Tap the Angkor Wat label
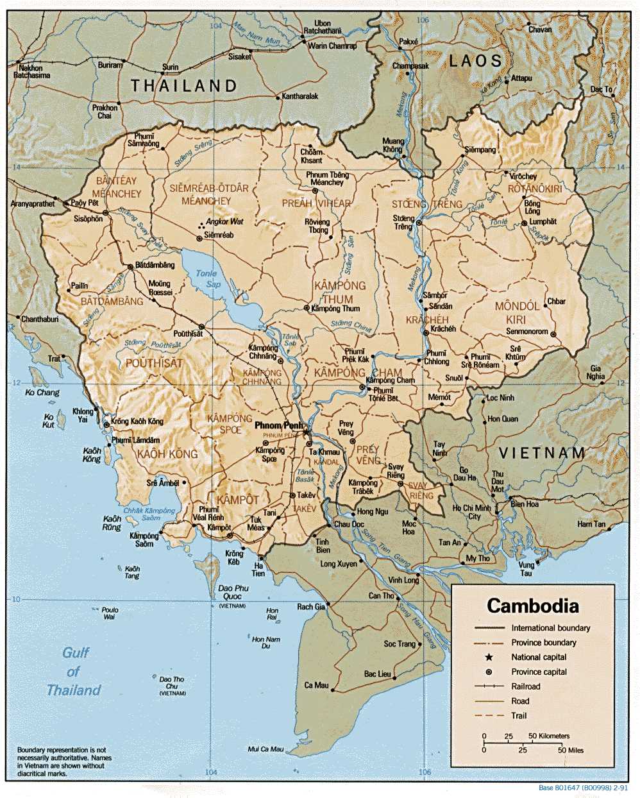224,221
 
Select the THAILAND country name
184,85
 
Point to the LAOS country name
475,61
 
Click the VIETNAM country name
542,453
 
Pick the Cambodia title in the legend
532,606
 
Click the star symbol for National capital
489,657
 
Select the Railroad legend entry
525,686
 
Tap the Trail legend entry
519,715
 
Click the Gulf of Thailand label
74,672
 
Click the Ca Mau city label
316,685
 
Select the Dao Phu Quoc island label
233,592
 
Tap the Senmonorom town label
527,332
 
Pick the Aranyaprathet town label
32,203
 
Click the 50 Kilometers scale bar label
549,736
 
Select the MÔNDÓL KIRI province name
517,313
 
